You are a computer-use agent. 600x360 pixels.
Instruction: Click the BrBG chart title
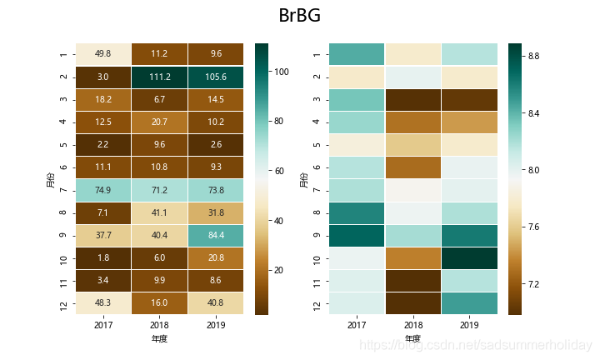(x=299, y=17)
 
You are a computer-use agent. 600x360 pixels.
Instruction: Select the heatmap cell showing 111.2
(x=159, y=77)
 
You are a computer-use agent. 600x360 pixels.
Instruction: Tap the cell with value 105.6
(x=216, y=77)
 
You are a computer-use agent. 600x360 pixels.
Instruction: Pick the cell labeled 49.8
(x=102, y=54)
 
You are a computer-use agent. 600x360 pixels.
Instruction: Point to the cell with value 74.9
(x=102, y=190)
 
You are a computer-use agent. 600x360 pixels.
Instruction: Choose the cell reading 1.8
(x=102, y=257)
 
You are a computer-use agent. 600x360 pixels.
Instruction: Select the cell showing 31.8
(x=216, y=212)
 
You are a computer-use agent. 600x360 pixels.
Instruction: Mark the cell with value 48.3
(x=102, y=302)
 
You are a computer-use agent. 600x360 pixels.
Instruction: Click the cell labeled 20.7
(x=159, y=122)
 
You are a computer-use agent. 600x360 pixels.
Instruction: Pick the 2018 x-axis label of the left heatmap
(x=159, y=327)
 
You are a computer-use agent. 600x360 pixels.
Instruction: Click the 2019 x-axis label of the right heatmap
(x=469, y=327)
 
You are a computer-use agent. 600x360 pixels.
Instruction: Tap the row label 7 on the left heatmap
(x=62, y=190)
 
